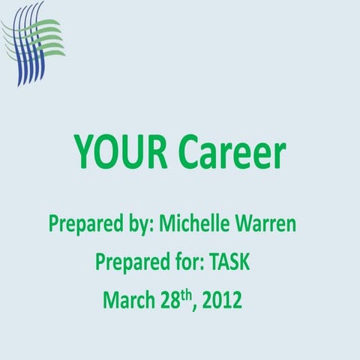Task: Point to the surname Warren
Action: [277, 223]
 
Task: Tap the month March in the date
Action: [129, 301]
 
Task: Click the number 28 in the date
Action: [170, 301]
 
